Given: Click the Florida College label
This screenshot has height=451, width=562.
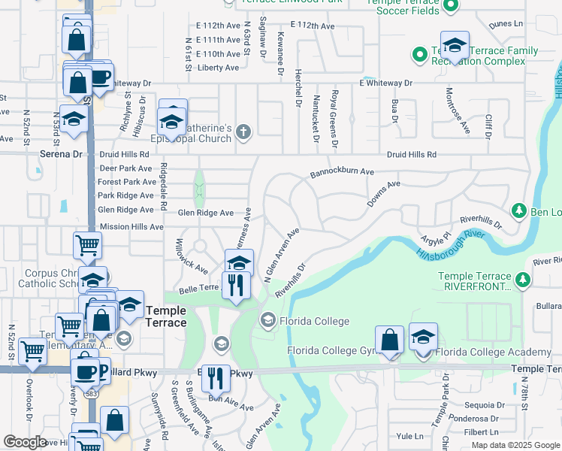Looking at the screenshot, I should tap(314, 322).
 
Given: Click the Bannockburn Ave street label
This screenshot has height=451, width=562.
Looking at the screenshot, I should tap(342, 173).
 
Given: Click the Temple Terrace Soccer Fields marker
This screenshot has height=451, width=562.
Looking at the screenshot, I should tap(450, 7).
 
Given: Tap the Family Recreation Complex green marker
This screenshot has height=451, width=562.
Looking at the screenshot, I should tap(418, 54).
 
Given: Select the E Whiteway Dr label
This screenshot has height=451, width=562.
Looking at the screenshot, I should tap(385, 83).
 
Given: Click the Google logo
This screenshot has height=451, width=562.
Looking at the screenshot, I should tap(25, 442).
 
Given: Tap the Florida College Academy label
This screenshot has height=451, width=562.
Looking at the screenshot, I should tap(494, 352).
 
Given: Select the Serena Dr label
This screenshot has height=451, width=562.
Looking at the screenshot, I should tap(60, 154).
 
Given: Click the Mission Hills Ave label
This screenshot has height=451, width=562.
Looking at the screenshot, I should tap(131, 226).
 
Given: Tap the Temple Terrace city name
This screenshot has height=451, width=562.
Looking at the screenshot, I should tap(165, 316).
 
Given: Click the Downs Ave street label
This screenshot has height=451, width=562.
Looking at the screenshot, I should tap(383, 193).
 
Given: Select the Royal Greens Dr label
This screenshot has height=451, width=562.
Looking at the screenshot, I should tap(334, 119).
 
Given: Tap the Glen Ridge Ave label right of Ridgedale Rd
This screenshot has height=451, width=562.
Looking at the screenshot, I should tap(205, 213).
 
